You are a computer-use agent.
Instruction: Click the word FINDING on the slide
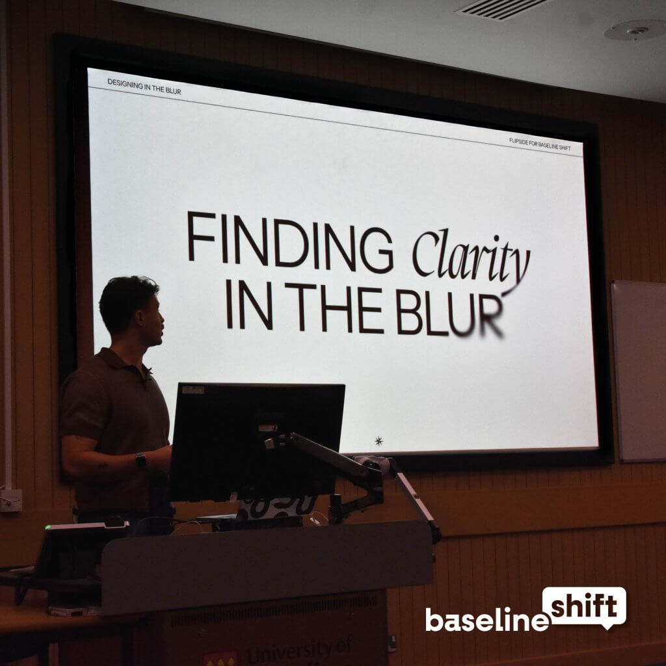pyautogui.click(x=289, y=239)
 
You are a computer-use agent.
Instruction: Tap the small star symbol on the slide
pyautogui.click(x=379, y=441)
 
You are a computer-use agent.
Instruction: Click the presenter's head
pyautogui.click(x=132, y=309)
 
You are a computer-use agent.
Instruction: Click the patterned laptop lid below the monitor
pyautogui.click(x=276, y=507)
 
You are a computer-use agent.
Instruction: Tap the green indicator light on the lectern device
pyautogui.click(x=47, y=526)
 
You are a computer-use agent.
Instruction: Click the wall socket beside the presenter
pyautogui.click(x=11, y=499)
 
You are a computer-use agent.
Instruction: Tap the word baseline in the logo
pyautogui.click(x=486, y=619)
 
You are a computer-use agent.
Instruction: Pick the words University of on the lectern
pyautogui.click(x=299, y=651)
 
